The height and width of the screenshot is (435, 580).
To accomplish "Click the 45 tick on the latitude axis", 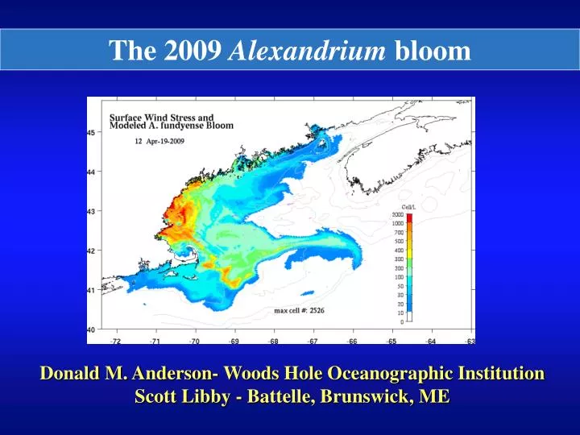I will [91, 132].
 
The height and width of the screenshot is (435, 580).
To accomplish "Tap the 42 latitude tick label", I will [91, 251].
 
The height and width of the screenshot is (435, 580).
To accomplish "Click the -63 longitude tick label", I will [470, 341].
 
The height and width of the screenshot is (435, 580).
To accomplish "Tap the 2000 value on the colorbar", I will [398, 215].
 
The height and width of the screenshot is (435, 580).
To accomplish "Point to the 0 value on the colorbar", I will [401, 321].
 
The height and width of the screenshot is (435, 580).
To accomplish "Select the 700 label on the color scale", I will [399, 232].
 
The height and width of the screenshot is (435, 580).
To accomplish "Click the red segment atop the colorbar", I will [409, 217].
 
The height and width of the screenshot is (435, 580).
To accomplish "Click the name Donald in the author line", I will [70, 374].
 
